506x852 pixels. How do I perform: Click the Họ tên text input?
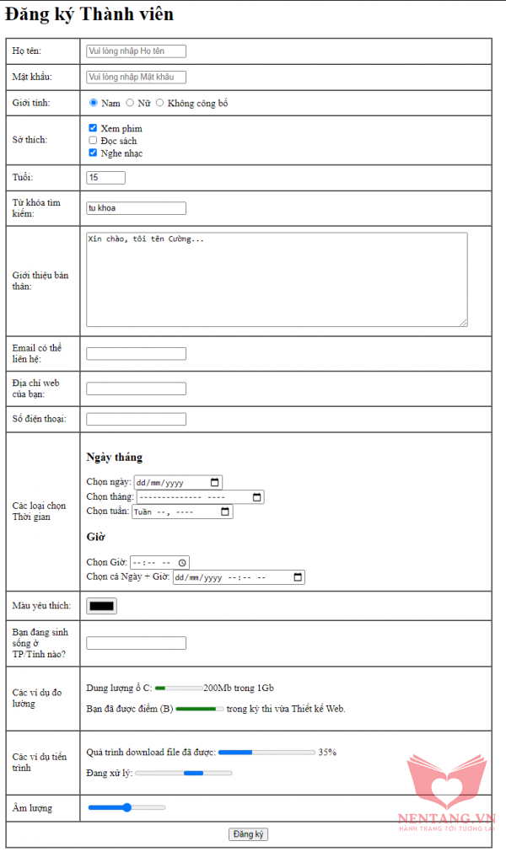136,51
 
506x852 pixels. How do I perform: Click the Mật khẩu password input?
136,78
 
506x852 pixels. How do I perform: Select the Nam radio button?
94,103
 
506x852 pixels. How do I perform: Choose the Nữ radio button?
130,103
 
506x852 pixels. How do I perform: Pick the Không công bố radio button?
160,103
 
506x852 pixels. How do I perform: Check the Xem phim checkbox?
93,128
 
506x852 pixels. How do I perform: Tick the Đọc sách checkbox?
93,141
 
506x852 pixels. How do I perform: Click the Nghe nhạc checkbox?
93,153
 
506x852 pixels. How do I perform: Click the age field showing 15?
105,178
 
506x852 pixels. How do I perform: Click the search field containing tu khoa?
136,208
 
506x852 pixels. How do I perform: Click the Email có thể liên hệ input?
136,354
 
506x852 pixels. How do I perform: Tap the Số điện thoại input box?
136,419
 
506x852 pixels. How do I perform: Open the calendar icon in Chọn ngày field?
215,483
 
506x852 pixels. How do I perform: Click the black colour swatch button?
101,605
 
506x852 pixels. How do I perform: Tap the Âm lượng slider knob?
127,807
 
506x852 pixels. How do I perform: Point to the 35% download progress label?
327,752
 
